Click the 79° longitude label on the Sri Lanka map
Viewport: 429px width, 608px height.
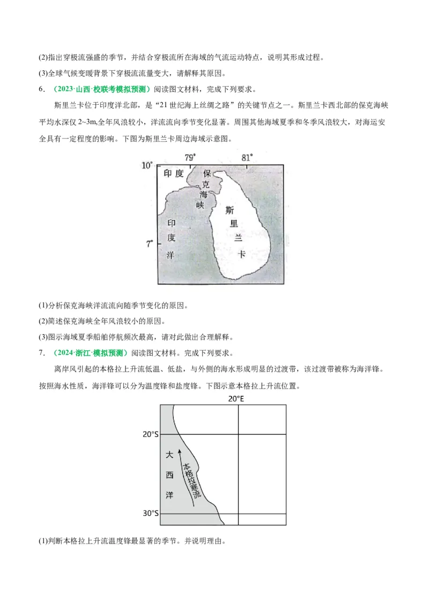pos(190,157)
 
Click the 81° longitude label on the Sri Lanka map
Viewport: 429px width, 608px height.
pos(247,157)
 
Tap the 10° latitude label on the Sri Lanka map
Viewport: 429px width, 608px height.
pos(147,165)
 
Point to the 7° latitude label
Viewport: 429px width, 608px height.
pos(150,244)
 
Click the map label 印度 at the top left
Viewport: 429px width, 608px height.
pos(173,173)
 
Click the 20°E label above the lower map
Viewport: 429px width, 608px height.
pos(237,399)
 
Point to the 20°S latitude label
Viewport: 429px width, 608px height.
pos(151,434)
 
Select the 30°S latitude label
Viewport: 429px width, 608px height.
pos(151,513)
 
